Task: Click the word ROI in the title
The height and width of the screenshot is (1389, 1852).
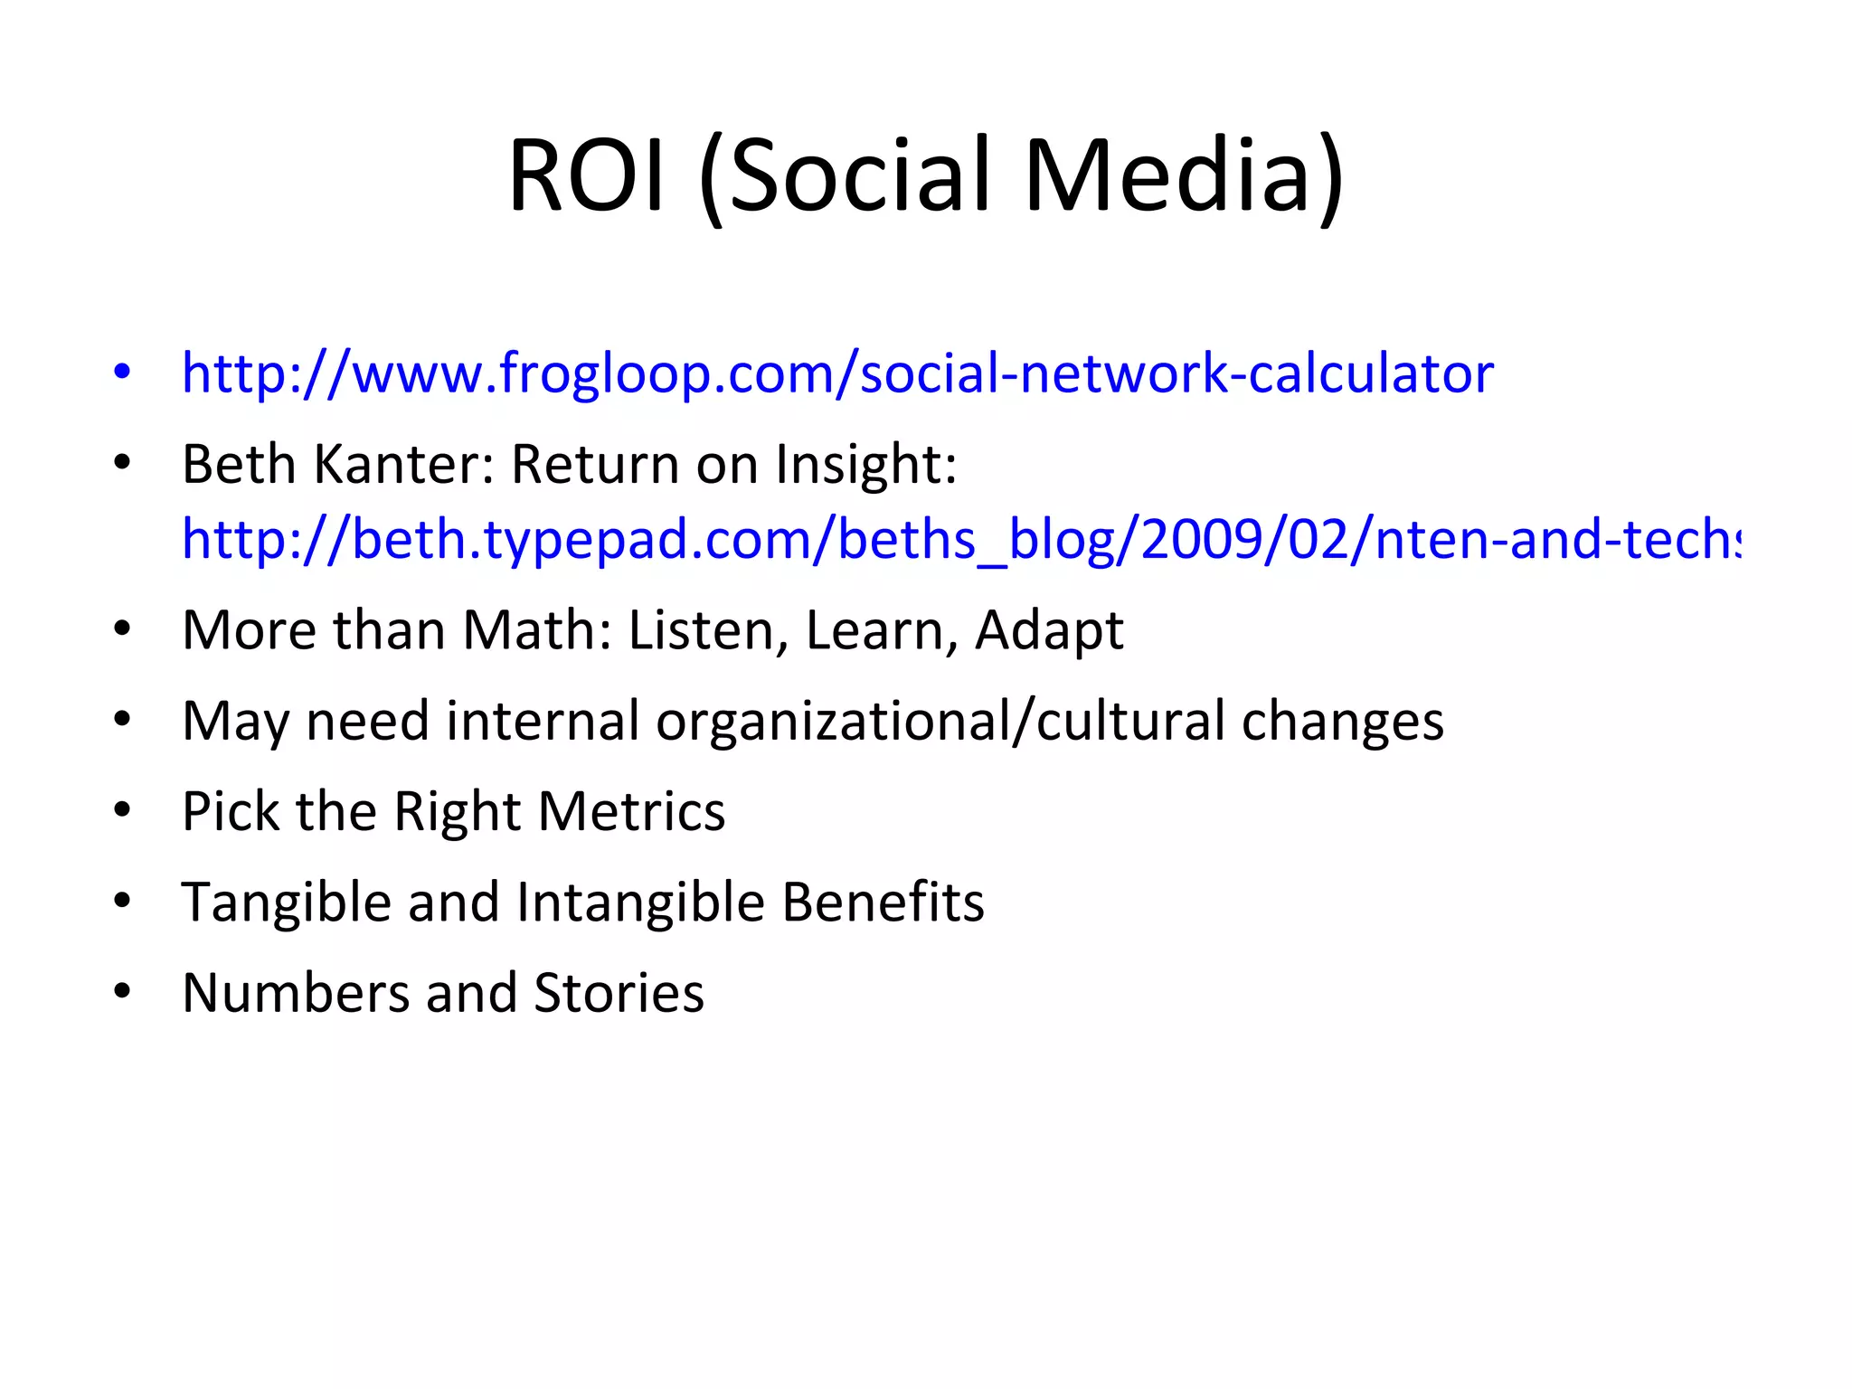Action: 587,175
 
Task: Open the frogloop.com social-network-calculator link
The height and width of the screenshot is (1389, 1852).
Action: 837,373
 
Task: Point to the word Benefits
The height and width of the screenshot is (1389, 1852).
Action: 883,902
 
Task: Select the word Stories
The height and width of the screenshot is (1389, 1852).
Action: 619,993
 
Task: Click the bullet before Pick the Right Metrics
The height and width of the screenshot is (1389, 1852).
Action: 122,810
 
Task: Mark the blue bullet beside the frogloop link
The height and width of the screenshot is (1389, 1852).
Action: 122,372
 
